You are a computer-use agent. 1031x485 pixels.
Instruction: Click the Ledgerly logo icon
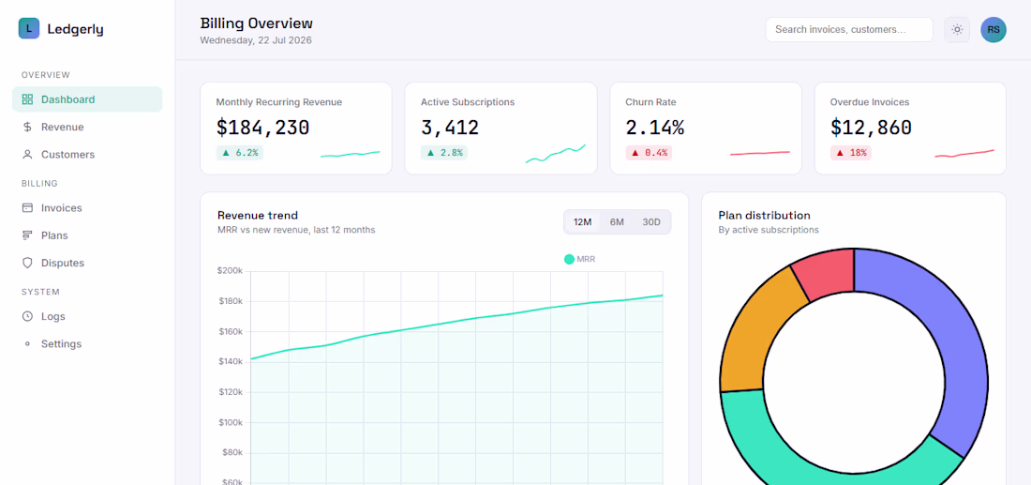29,29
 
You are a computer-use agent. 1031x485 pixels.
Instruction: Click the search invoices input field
849,30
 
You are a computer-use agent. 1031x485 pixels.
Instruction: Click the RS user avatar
994,30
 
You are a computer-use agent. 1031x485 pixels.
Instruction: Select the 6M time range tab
617,221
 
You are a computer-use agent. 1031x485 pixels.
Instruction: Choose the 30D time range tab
651,221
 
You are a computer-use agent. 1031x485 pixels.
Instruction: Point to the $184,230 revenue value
262,128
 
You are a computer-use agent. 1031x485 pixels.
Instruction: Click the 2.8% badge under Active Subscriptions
444,153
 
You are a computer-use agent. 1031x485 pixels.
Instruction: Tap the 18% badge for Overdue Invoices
851,153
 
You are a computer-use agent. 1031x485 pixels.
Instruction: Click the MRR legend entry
580,259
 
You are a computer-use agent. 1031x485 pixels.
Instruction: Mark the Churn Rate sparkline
760,153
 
